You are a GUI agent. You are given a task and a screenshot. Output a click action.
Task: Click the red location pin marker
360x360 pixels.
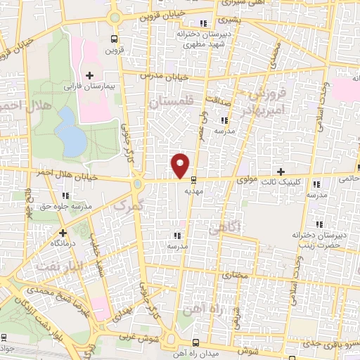coord(181,165)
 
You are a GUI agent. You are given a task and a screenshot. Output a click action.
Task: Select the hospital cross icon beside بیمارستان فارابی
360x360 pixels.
coord(89,75)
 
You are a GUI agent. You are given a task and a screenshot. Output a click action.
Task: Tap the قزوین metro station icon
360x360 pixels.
coord(114,39)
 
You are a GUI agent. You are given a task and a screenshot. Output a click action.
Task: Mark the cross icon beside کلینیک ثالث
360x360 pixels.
coord(281,172)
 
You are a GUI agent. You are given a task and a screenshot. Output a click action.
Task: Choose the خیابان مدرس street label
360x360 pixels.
coord(166,74)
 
